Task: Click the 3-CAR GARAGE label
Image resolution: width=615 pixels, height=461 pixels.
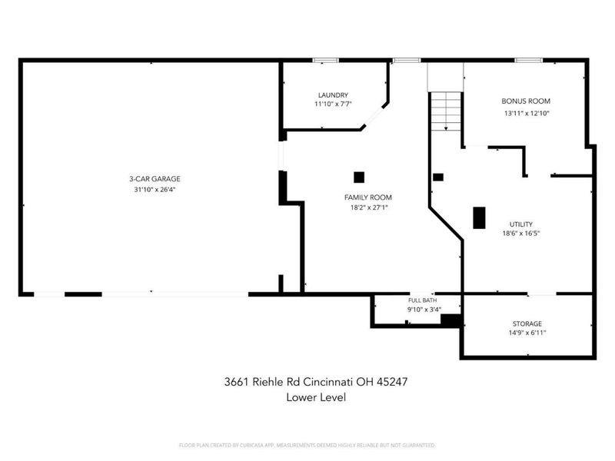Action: (155, 179)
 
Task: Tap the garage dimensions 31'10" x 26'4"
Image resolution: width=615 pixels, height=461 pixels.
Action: (155, 190)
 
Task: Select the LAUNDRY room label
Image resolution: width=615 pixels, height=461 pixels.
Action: (333, 95)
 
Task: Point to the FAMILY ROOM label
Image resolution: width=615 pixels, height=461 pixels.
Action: (368, 197)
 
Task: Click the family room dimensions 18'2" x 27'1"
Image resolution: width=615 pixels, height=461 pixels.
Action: (369, 207)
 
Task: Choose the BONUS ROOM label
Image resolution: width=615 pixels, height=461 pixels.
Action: (526, 101)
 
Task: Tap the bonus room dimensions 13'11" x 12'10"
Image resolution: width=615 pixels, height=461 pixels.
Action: (527, 114)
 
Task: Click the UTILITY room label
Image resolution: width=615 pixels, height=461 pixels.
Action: (521, 224)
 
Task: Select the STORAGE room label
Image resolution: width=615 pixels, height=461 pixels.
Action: (527, 323)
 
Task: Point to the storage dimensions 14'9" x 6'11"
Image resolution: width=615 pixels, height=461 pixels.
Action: (527, 333)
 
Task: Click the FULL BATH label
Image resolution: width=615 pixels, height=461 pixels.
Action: (422, 300)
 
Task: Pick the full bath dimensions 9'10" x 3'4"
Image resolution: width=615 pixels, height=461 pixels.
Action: (424, 310)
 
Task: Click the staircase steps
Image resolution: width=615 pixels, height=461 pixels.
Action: (446, 111)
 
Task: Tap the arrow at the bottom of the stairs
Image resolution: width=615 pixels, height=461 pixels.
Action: (446, 128)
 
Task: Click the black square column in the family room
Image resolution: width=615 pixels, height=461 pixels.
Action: (359, 177)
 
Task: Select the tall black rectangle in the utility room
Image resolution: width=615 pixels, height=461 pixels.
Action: (479, 218)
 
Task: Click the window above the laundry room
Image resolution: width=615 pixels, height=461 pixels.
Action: (325, 61)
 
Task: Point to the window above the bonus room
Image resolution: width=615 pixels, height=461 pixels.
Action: (529, 61)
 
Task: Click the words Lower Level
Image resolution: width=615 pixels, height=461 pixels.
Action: (316, 397)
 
